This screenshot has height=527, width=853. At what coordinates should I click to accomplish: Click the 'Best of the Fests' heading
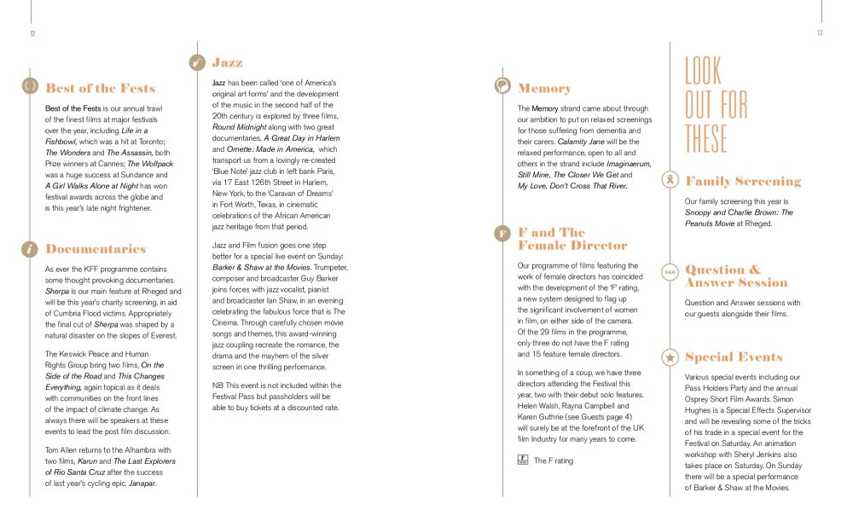(x=100, y=88)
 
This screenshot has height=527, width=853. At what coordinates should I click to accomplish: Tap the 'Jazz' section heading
(x=227, y=62)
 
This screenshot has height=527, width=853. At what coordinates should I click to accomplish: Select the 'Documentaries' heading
(x=96, y=249)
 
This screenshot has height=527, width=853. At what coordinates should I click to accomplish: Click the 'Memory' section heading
(x=544, y=88)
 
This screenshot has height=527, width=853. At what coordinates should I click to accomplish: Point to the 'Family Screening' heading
(x=743, y=181)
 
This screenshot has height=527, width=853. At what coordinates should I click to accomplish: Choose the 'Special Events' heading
(x=734, y=356)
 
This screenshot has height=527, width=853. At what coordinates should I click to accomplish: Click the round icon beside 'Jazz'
(x=197, y=62)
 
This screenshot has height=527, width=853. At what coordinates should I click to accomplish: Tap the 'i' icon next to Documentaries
(x=30, y=249)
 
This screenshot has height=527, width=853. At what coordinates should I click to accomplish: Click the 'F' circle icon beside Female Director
(x=502, y=233)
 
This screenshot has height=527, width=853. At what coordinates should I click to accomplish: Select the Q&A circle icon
(x=670, y=272)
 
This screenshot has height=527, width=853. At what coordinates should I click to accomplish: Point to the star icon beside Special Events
(x=670, y=356)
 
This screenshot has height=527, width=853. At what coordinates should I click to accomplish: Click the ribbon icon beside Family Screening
(x=670, y=181)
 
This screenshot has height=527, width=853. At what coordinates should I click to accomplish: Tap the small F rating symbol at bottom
(x=522, y=460)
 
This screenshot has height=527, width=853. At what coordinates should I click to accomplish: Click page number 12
(x=32, y=33)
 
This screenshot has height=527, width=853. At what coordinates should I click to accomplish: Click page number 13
(x=819, y=33)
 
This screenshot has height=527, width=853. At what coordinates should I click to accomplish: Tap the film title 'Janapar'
(x=141, y=484)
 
